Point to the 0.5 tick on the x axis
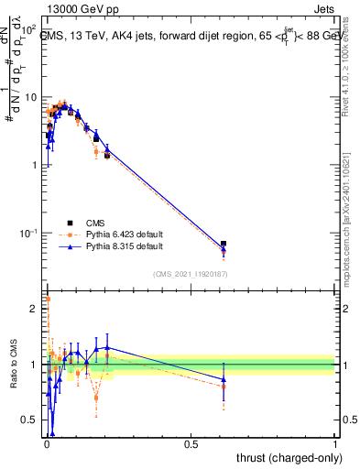(191, 443)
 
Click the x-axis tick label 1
(335, 443)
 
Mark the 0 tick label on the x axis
(47, 443)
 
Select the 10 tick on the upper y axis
(30, 97)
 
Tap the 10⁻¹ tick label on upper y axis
(28, 233)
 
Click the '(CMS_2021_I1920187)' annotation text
(190, 274)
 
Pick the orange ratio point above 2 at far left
(48, 299)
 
